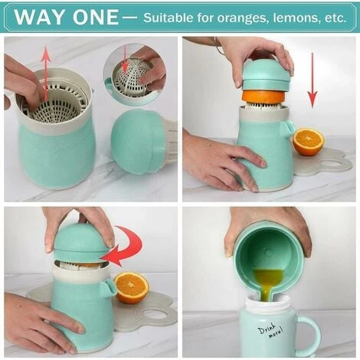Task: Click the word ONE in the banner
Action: (x=96, y=17)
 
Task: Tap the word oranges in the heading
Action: (x=243, y=18)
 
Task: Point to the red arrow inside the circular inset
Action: (x=125, y=60)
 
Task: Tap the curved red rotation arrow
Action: (x=123, y=247)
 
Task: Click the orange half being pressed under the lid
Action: (x=263, y=97)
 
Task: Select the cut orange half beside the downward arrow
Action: (x=309, y=142)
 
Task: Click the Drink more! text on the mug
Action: (x=270, y=331)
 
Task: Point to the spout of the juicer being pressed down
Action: (x=290, y=127)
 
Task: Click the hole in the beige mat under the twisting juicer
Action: (x=155, y=313)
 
